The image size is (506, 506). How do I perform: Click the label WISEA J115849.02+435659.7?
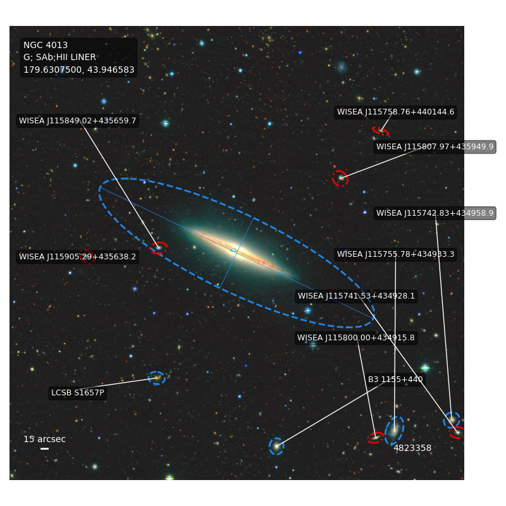click(x=77, y=121)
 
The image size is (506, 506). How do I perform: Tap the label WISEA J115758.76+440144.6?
click(x=396, y=112)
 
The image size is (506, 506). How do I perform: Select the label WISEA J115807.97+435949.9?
click(x=435, y=147)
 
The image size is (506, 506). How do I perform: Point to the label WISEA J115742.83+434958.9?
click(x=435, y=213)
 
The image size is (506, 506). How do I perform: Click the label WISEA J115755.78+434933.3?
click(x=396, y=254)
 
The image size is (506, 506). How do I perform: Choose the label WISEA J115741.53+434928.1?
click(x=356, y=296)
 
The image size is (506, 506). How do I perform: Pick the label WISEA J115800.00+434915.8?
click(x=356, y=338)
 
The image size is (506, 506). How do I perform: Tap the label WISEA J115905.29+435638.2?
click(x=77, y=257)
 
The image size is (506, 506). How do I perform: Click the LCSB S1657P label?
click(x=78, y=393)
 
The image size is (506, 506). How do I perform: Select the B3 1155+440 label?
click(x=395, y=379)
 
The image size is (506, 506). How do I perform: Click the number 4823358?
click(x=412, y=448)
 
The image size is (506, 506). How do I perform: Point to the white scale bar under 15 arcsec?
click(x=44, y=448)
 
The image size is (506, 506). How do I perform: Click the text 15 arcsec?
click(x=44, y=439)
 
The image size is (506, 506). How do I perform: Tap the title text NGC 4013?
click(x=46, y=45)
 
